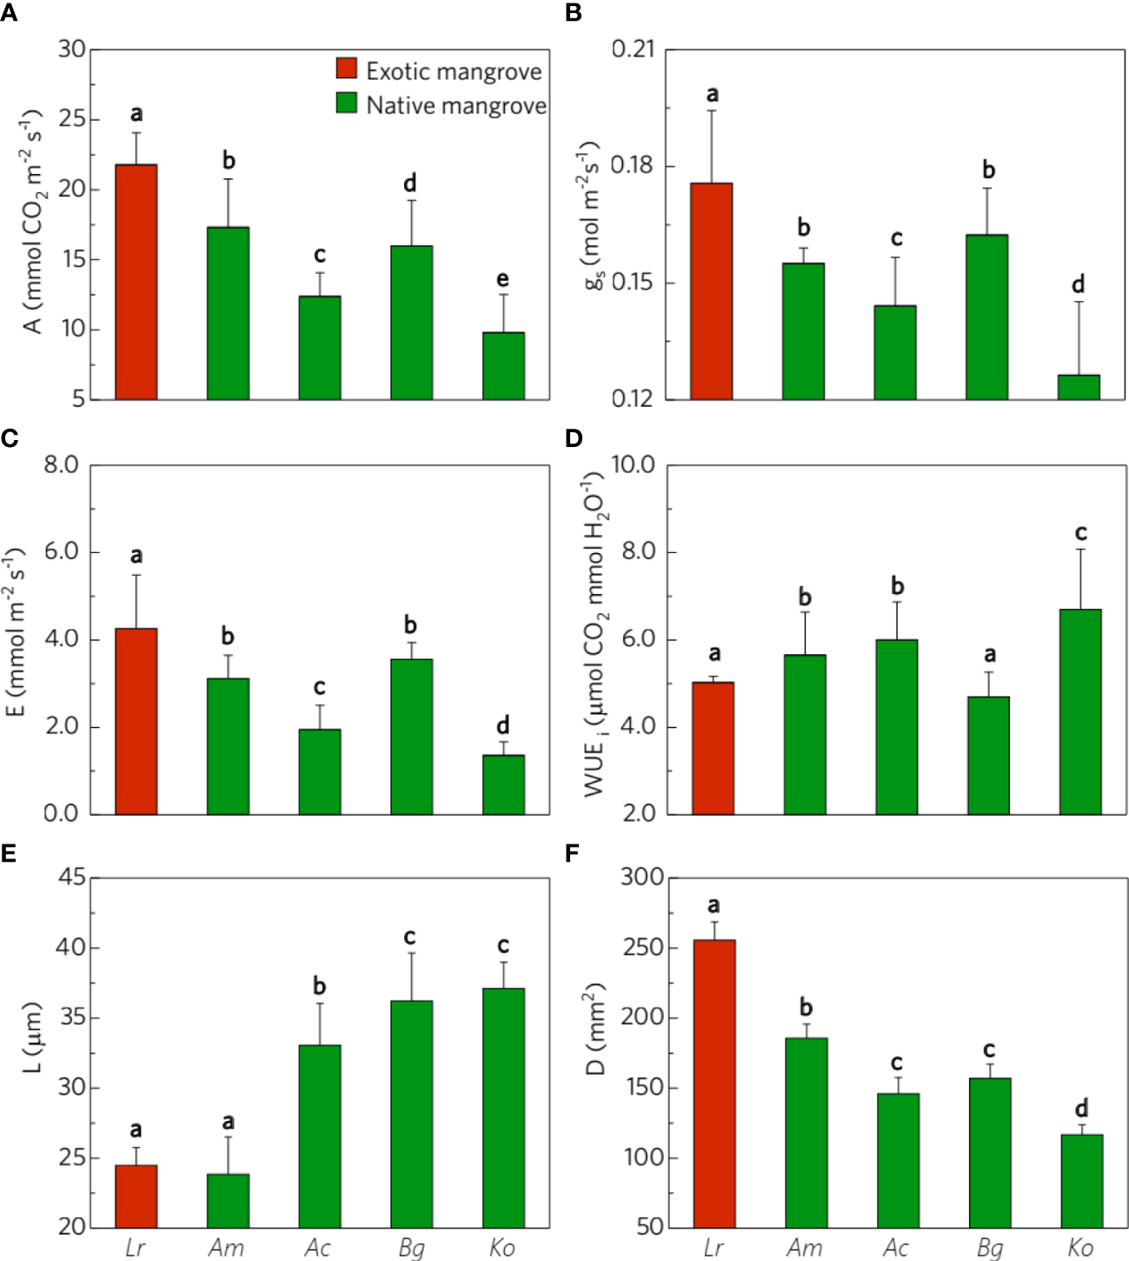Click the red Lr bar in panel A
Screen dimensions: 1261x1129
click(x=136, y=282)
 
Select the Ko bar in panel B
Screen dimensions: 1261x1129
click(x=1078, y=387)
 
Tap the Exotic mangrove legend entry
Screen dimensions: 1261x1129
click(x=439, y=70)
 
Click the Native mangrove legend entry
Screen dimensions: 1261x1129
click(x=442, y=105)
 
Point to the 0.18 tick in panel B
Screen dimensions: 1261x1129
click(x=632, y=165)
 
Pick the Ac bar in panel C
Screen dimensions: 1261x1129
click(x=320, y=771)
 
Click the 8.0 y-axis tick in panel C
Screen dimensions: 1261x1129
click(x=61, y=464)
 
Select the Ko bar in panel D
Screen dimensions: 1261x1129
click(x=1080, y=711)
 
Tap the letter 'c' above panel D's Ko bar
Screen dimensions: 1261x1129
click(x=1080, y=532)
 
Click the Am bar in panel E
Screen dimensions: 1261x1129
click(x=228, y=1200)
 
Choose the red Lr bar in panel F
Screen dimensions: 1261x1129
click(x=714, y=1083)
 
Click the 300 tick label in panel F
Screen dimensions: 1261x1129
click(x=641, y=877)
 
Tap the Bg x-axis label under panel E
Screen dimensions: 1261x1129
click(x=411, y=1248)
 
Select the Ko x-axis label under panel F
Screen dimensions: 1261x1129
click(x=1080, y=1248)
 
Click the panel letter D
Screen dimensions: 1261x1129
click(x=573, y=437)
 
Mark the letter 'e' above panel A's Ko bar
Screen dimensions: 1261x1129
click(x=502, y=279)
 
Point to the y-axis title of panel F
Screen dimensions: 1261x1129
click(x=596, y=1029)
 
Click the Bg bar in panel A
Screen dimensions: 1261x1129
click(x=411, y=323)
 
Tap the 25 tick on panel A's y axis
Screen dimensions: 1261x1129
click(x=72, y=119)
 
